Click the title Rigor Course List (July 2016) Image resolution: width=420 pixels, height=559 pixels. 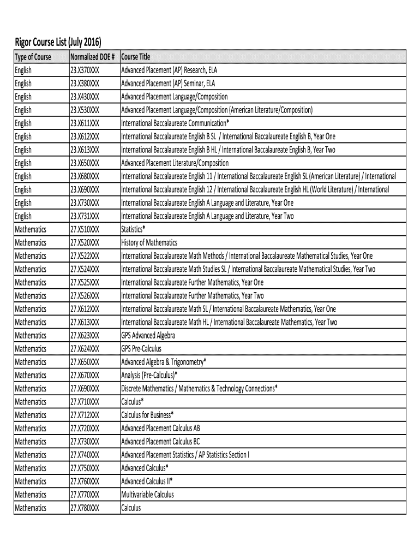click(57, 42)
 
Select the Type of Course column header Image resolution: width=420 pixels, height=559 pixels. click(33, 57)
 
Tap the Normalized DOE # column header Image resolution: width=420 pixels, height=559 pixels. click(92, 57)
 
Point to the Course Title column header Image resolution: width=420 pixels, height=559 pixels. click(136, 57)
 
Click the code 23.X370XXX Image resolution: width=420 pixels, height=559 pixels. click(85, 70)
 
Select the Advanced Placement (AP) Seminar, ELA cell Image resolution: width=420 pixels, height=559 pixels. click(168, 84)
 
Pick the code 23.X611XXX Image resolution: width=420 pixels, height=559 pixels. click(85, 123)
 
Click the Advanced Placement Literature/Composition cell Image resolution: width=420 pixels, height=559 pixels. click(175, 163)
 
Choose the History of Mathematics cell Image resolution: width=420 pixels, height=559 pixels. click(149, 242)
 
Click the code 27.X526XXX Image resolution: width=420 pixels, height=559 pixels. click(85, 295)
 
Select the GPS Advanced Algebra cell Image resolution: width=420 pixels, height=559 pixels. click(148, 335)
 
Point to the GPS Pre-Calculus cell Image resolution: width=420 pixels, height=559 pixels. click(141, 348)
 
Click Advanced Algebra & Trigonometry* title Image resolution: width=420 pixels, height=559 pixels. click(164, 361)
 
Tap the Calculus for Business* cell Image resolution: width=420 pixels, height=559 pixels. click(147, 414)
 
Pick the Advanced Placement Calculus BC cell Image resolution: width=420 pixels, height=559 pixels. click(160, 441)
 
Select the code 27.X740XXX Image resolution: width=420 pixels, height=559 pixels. click(85, 454)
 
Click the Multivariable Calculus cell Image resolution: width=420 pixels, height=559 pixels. click(147, 494)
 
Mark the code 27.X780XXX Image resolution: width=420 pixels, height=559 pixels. click(85, 507)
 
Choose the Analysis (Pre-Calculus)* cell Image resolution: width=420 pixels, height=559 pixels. click(149, 375)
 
